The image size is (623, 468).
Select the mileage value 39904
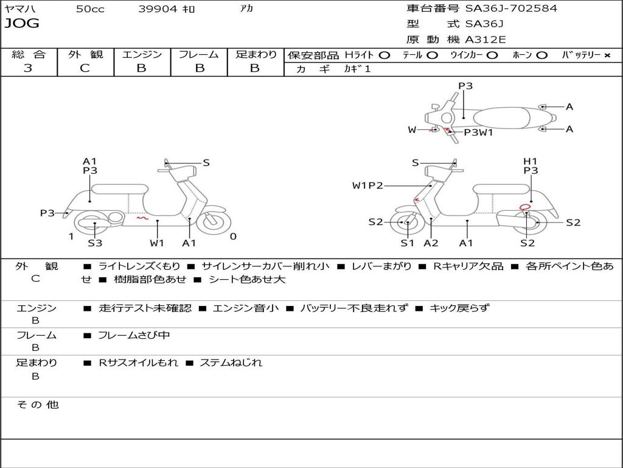coord(158,9)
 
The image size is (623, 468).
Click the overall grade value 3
coord(28,68)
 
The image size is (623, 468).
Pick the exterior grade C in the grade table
coord(85,68)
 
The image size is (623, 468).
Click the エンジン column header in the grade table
coord(142,54)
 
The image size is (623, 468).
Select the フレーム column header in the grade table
coord(198,54)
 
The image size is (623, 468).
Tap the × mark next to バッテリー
coord(607,55)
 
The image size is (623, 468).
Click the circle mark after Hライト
coord(384,55)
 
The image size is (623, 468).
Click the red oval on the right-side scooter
coord(525,207)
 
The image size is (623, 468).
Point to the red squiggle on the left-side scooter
coord(142,217)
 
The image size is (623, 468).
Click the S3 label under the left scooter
coord(95,243)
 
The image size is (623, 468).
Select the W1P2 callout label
coord(367,185)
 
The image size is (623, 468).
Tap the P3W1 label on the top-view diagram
coord(478,132)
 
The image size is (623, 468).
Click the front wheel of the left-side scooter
coord(214,222)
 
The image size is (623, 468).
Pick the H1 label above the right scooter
coord(531,161)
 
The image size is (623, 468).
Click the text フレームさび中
coord(134,335)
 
